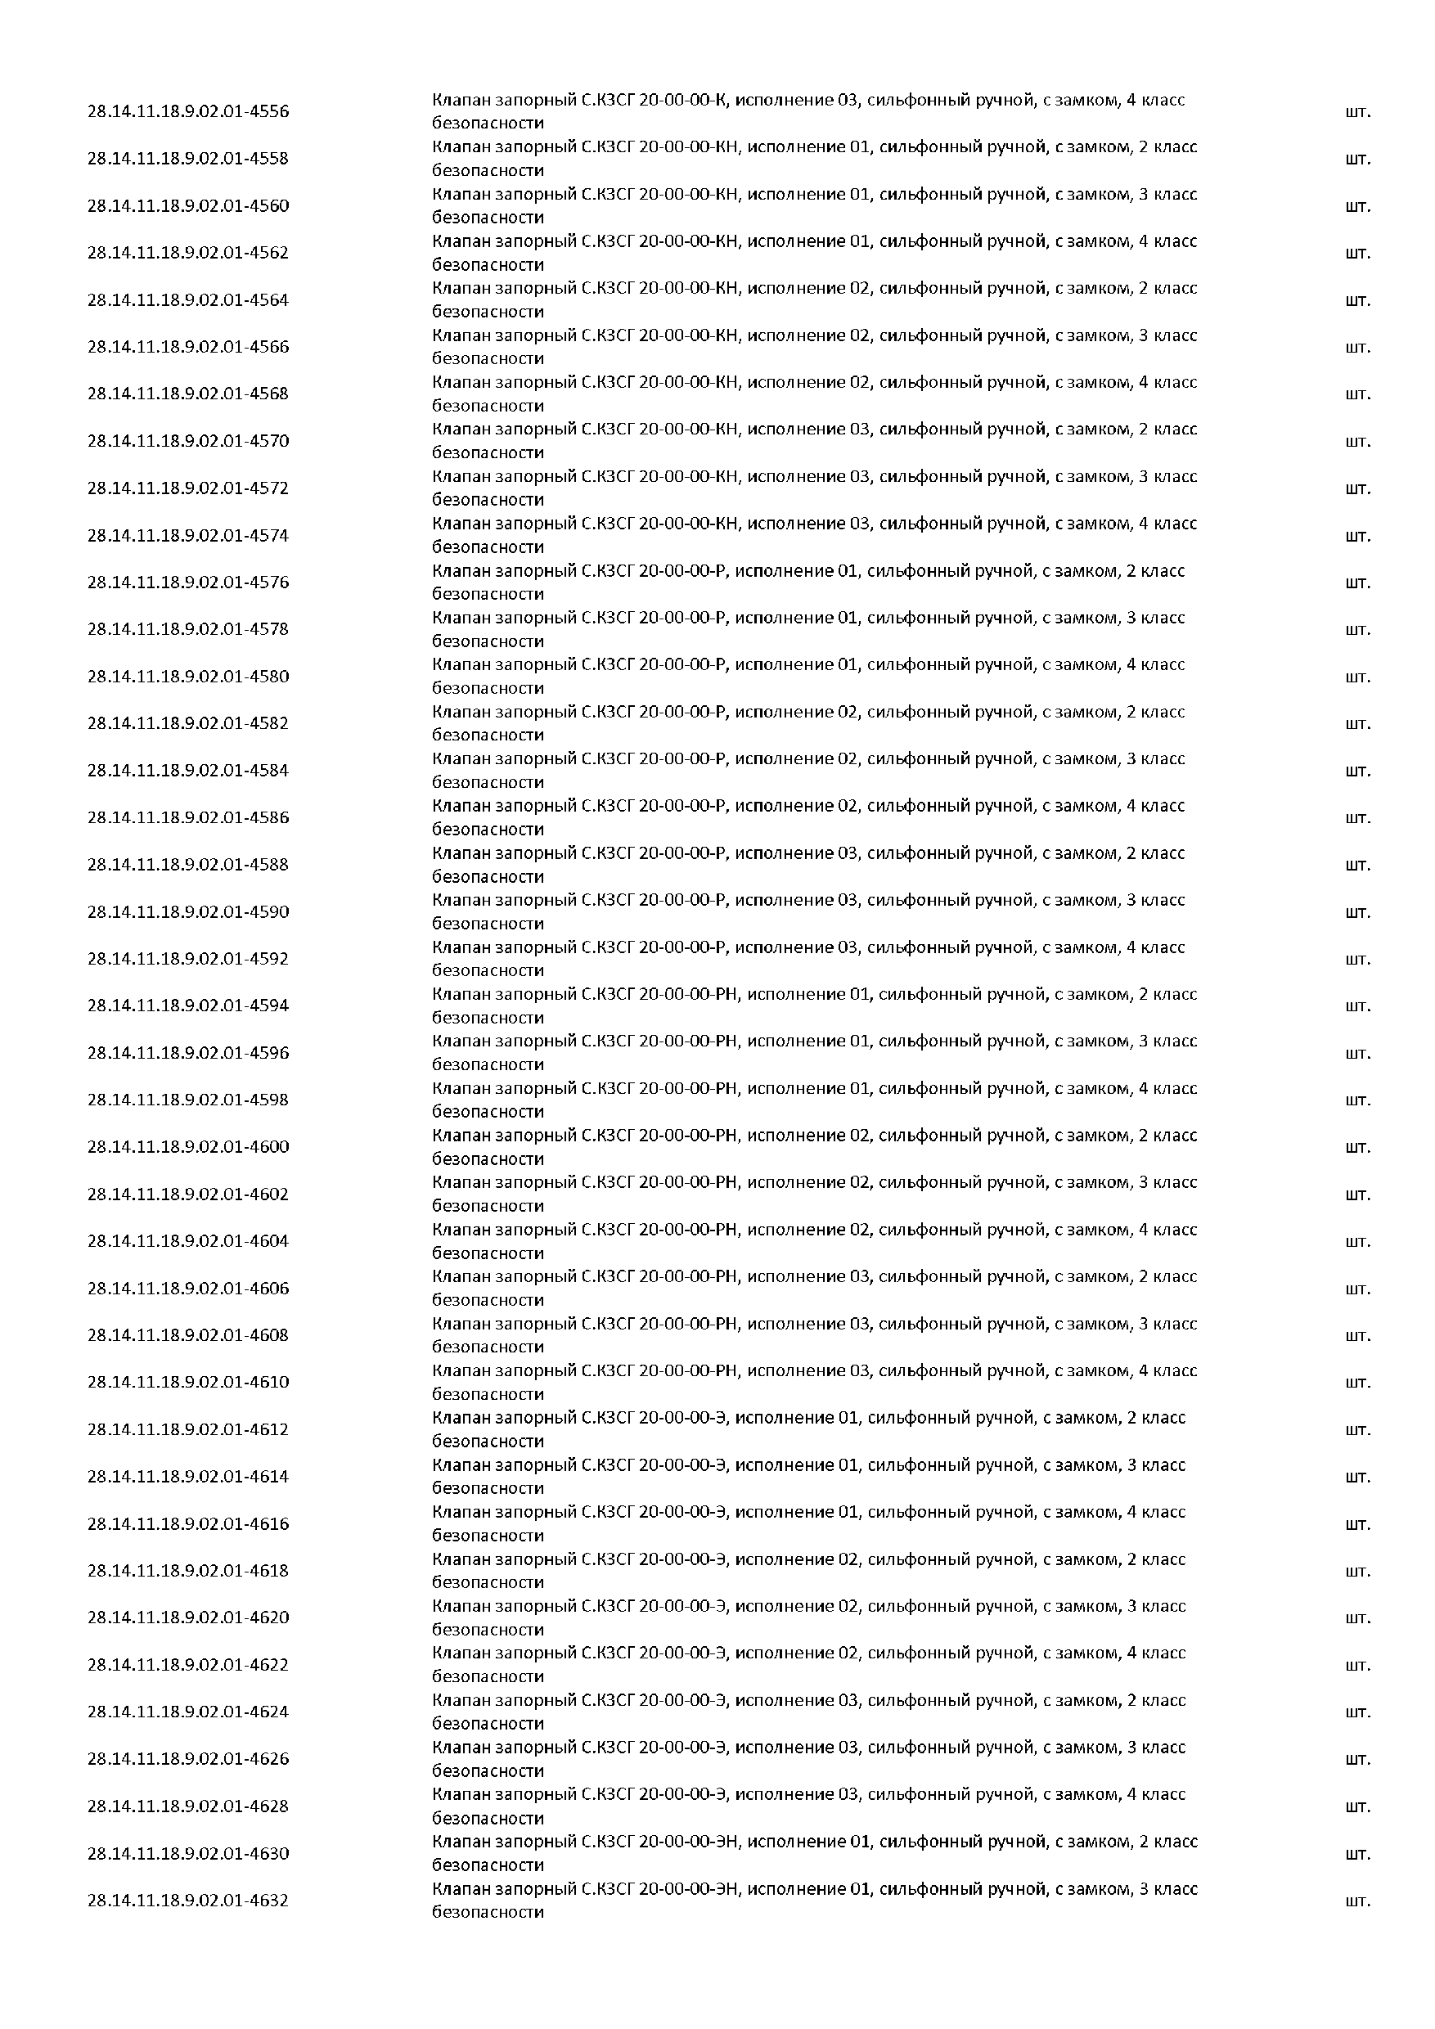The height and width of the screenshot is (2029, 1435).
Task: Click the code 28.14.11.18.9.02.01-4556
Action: pos(187,111)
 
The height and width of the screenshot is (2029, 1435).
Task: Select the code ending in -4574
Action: pos(187,536)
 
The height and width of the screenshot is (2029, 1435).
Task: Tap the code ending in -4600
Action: pos(187,1147)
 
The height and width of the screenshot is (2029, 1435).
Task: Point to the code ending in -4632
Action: pos(187,1901)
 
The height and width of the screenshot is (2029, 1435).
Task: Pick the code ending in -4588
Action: pos(187,864)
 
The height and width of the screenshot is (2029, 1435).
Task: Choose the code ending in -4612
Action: pos(187,1430)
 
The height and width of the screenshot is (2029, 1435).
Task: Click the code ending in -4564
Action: pos(187,299)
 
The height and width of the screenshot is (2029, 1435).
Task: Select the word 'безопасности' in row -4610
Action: pos(488,1394)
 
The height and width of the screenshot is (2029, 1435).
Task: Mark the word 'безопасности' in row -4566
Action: pos(488,359)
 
